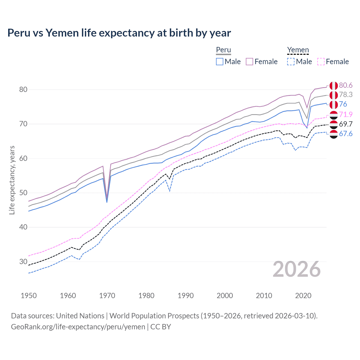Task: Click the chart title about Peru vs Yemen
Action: tap(119, 33)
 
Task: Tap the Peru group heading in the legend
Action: tap(223, 50)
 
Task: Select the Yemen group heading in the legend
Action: tap(298, 50)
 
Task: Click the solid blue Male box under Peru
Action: tap(220, 62)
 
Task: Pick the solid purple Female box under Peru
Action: tap(249, 62)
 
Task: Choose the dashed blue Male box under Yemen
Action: tap(291, 62)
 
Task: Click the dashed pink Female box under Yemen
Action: tap(321, 62)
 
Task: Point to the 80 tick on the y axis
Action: tap(23, 89)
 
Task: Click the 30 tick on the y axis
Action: tap(23, 262)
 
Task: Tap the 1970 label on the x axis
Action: tap(107, 296)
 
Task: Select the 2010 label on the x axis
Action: tap(264, 296)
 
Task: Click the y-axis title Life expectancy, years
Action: tap(12, 180)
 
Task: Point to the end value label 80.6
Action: tap(346, 85)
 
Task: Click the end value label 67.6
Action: tap(346, 134)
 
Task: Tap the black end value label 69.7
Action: tap(346, 124)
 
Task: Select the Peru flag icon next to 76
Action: tap(334, 104)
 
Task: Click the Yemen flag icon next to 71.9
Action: tap(334, 114)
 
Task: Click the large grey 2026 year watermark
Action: tap(296, 269)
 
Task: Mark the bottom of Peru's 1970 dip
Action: tap(107, 201)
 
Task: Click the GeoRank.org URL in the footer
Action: tap(78, 327)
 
